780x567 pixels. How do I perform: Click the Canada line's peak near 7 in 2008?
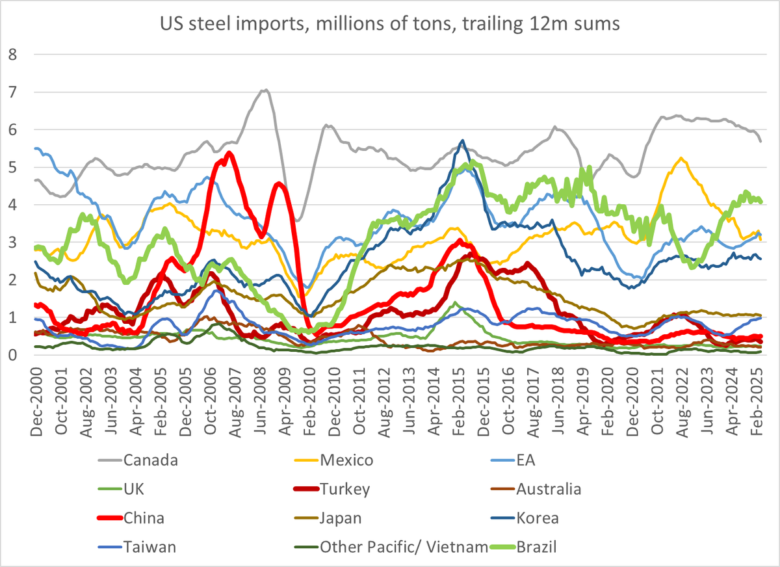coord(265,90)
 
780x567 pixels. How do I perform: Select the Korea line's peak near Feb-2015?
coord(462,140)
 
